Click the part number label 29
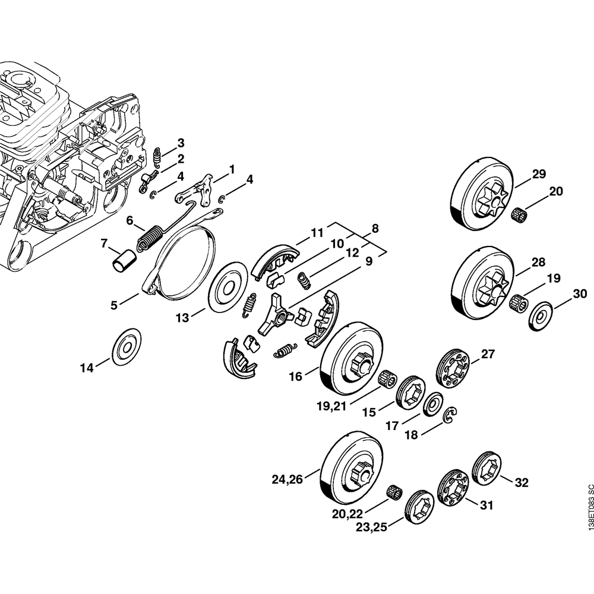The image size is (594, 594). coord(538,174)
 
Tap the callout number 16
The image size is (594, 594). coord(295,376)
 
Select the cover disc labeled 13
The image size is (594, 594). coord(227,288)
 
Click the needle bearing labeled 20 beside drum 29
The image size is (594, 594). coord(521,213)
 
